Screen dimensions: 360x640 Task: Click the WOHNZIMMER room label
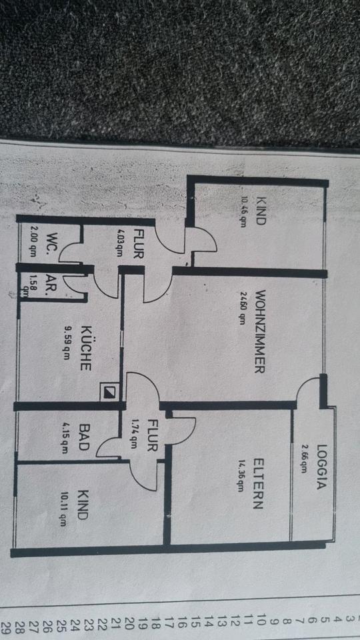[261, 331]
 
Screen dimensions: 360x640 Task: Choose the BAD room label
[84, 437]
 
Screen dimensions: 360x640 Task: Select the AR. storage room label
[52, 283]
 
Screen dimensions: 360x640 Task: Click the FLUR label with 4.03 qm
[138, 245]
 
